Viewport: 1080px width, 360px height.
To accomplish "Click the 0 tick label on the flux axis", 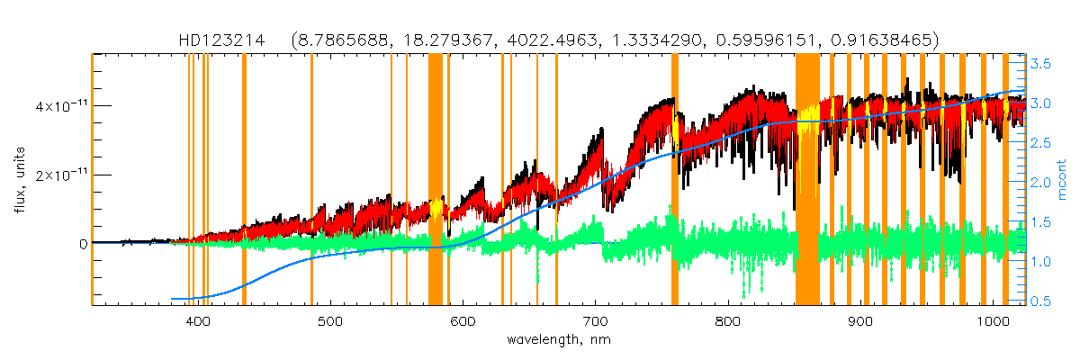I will tap(83, 243).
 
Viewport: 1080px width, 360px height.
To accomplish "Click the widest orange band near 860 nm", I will tap(807, 180).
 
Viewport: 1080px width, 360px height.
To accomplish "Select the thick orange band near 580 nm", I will tap(436, 180).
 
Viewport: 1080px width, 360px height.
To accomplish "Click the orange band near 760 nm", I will tap(675, 180).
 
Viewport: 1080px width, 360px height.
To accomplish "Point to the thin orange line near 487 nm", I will tap(311, 180).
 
